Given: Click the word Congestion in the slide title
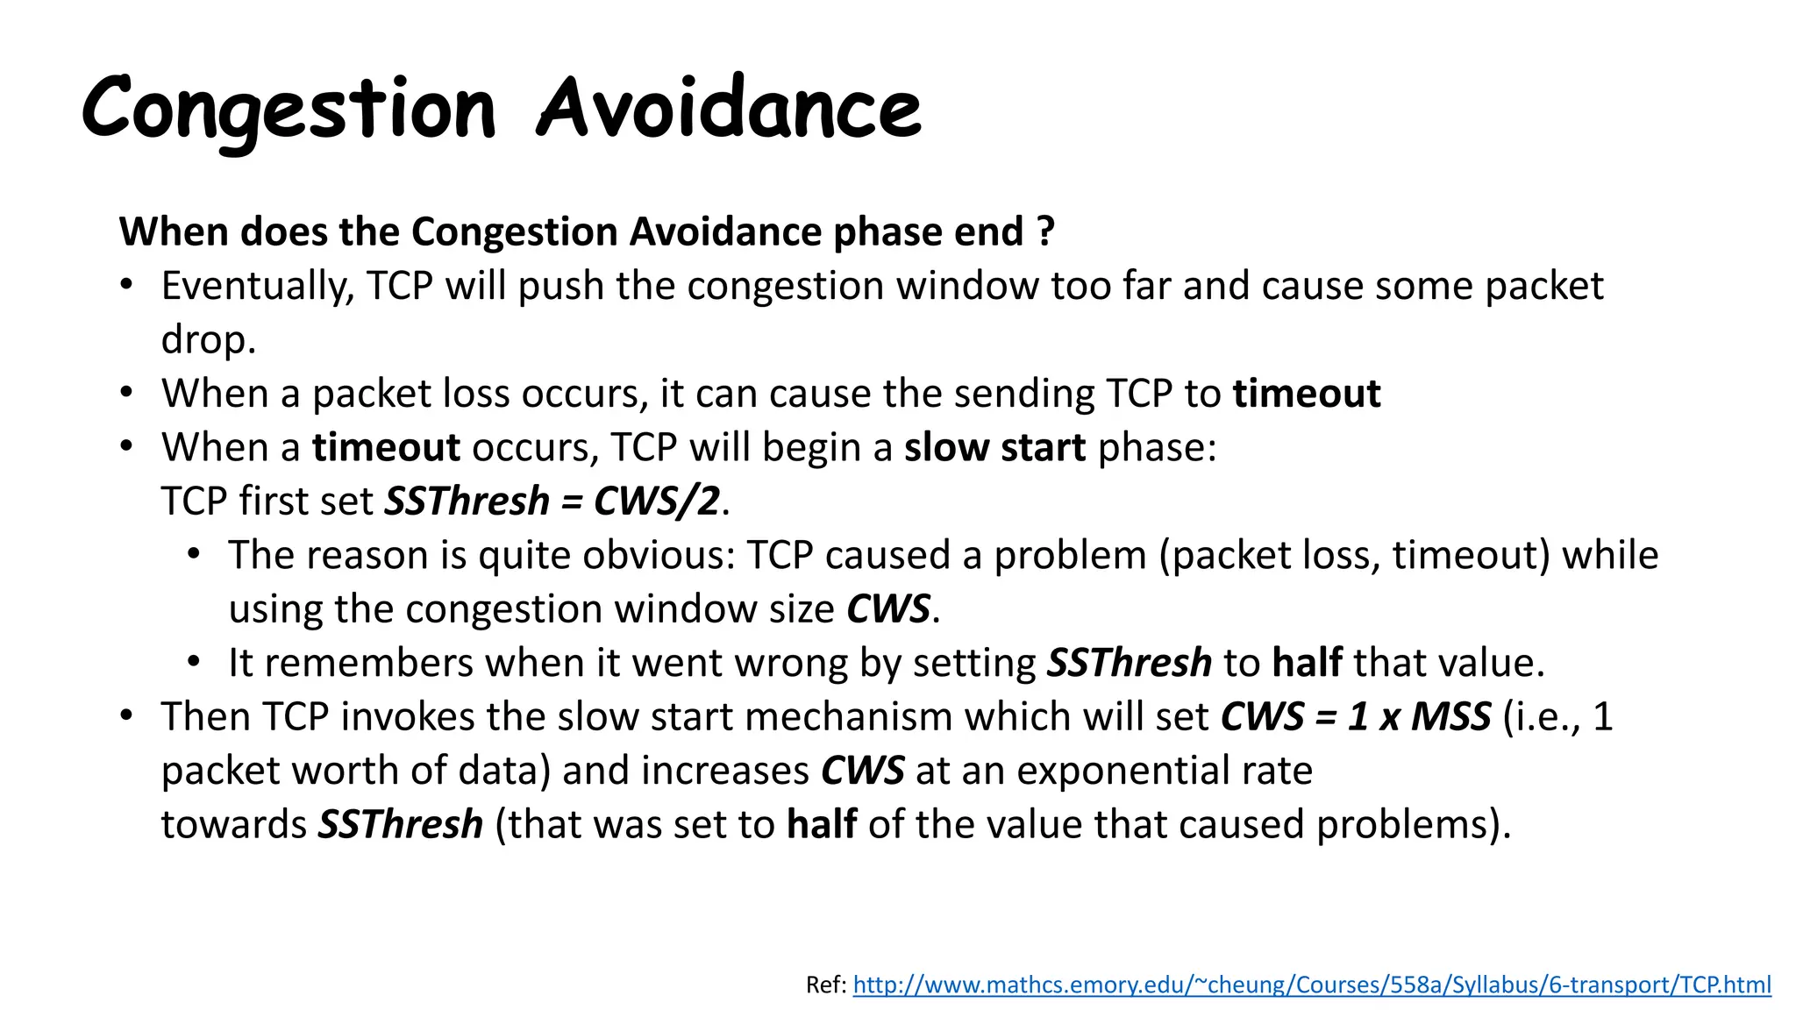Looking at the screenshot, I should [x=289, y=110].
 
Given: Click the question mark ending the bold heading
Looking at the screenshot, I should [x=1045, y=231].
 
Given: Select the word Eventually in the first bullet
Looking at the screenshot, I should [x=257, y=287].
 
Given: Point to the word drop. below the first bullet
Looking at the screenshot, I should [x=208, y=340].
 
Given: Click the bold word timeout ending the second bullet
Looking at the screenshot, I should [x=1306, y=394].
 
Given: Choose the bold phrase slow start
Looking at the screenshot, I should [x=994, y=448].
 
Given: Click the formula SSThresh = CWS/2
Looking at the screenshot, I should [x=552, y=501].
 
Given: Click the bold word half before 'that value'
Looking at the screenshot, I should [x=1307, y=663].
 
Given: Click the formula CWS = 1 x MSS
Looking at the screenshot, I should [x=1356, y=717].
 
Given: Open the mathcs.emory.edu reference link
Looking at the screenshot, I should [x=1311, y=985].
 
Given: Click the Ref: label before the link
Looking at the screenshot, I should [x=825, y=985].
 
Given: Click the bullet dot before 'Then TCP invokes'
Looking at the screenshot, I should [x=127, y=715].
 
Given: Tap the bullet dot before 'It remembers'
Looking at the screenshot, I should [x=194, y=662].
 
